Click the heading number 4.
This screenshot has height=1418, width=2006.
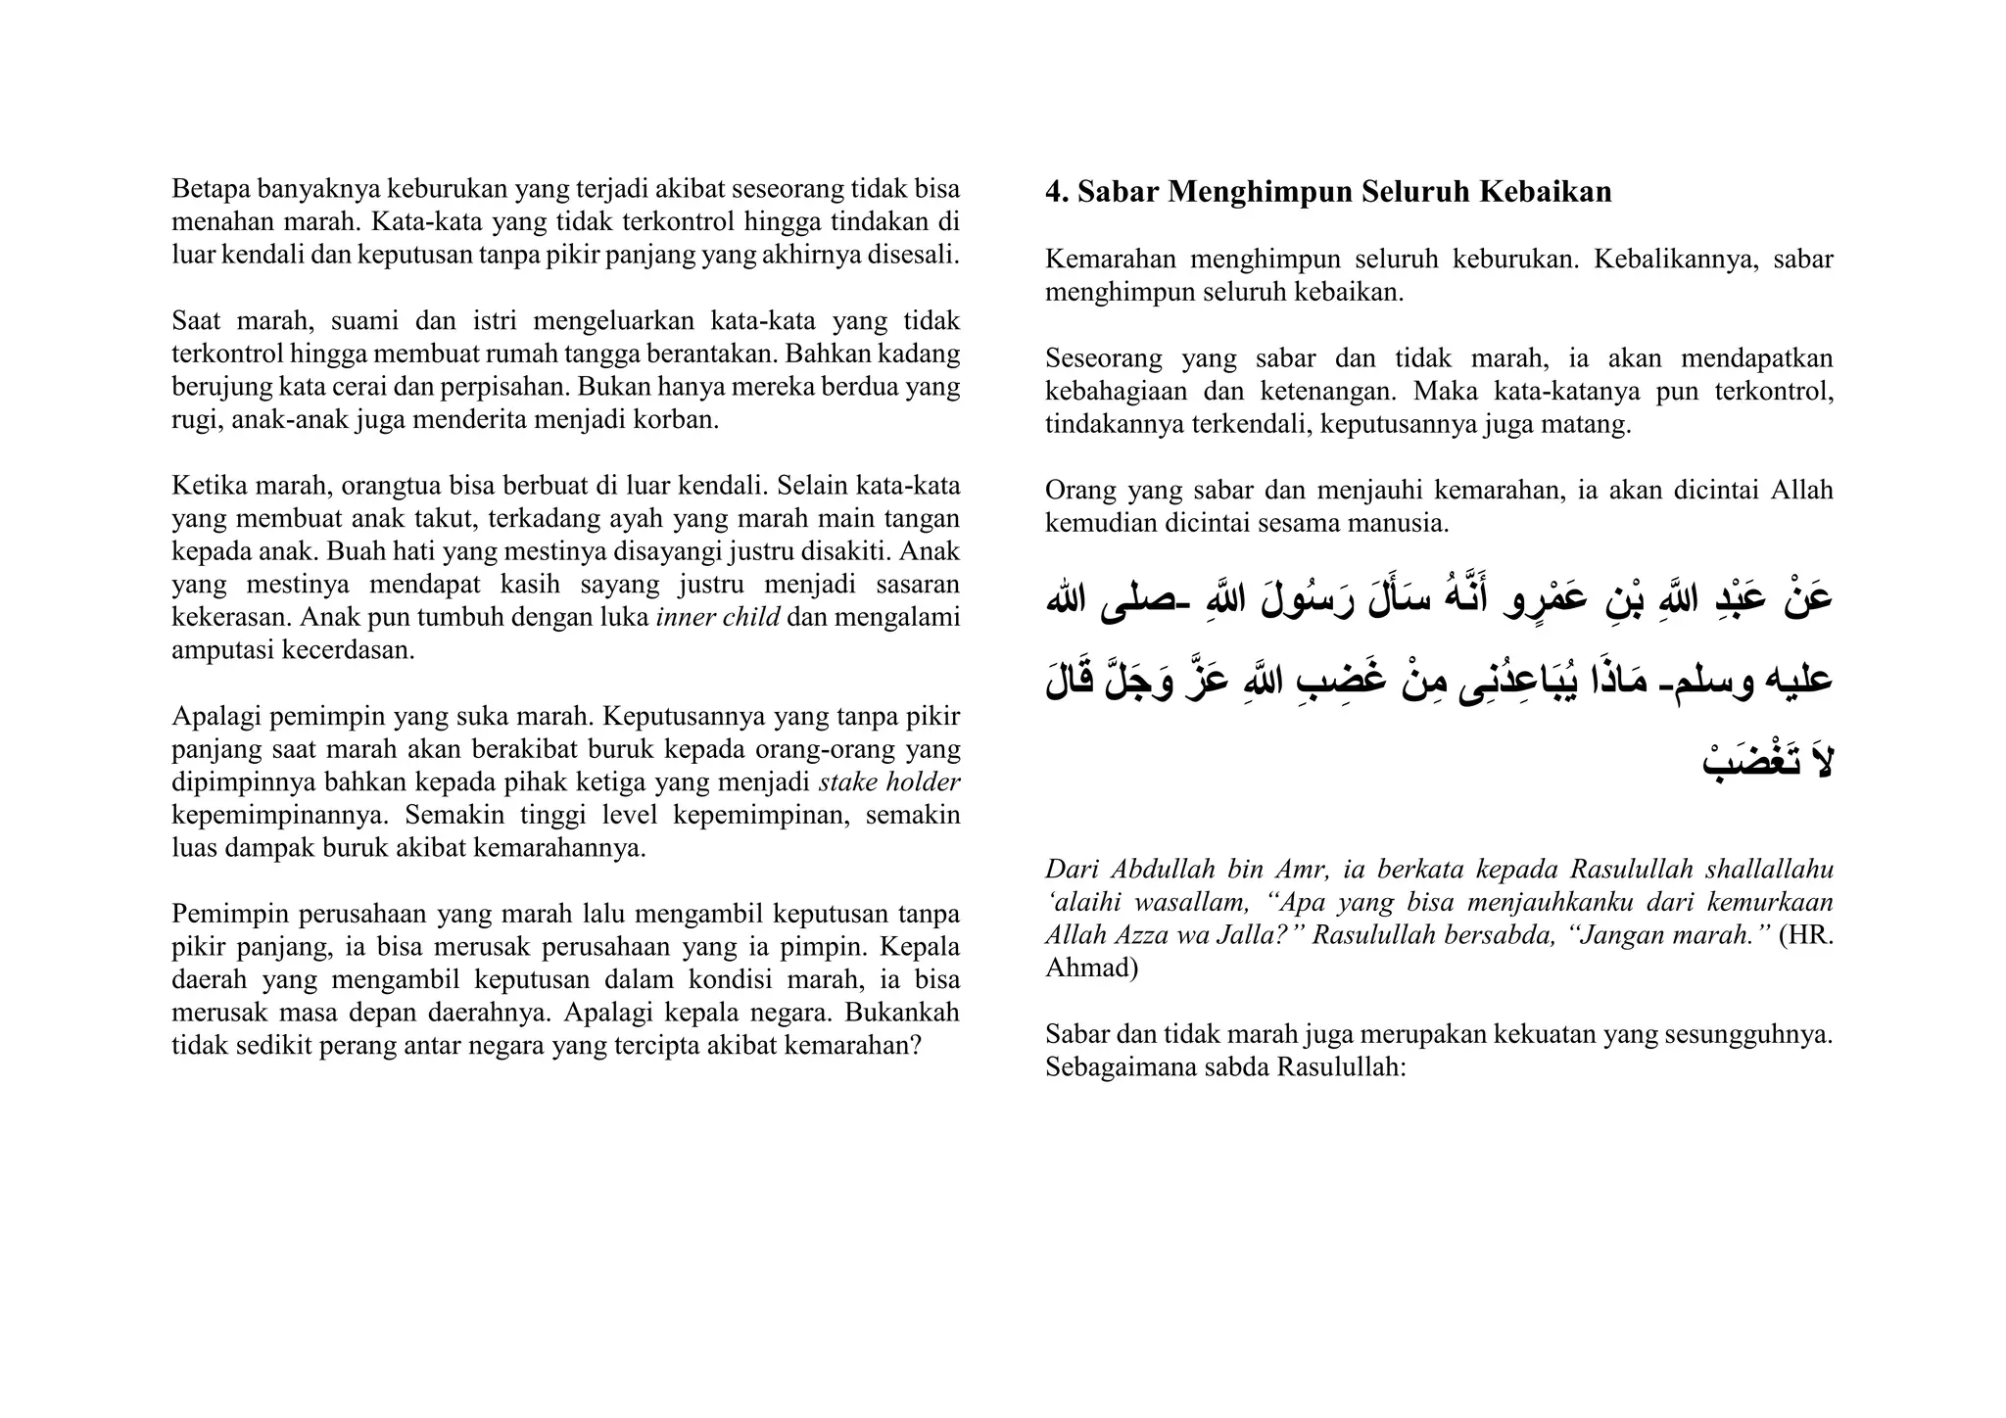click(x=1056, y=193)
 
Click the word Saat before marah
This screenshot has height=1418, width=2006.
click(x=194, y=321)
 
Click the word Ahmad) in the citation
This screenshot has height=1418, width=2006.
click(x=1091, y=968)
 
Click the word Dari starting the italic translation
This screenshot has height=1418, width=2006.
click(x=1072, y=869)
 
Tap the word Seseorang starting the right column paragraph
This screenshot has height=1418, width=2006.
click(x=1103, y=358)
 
